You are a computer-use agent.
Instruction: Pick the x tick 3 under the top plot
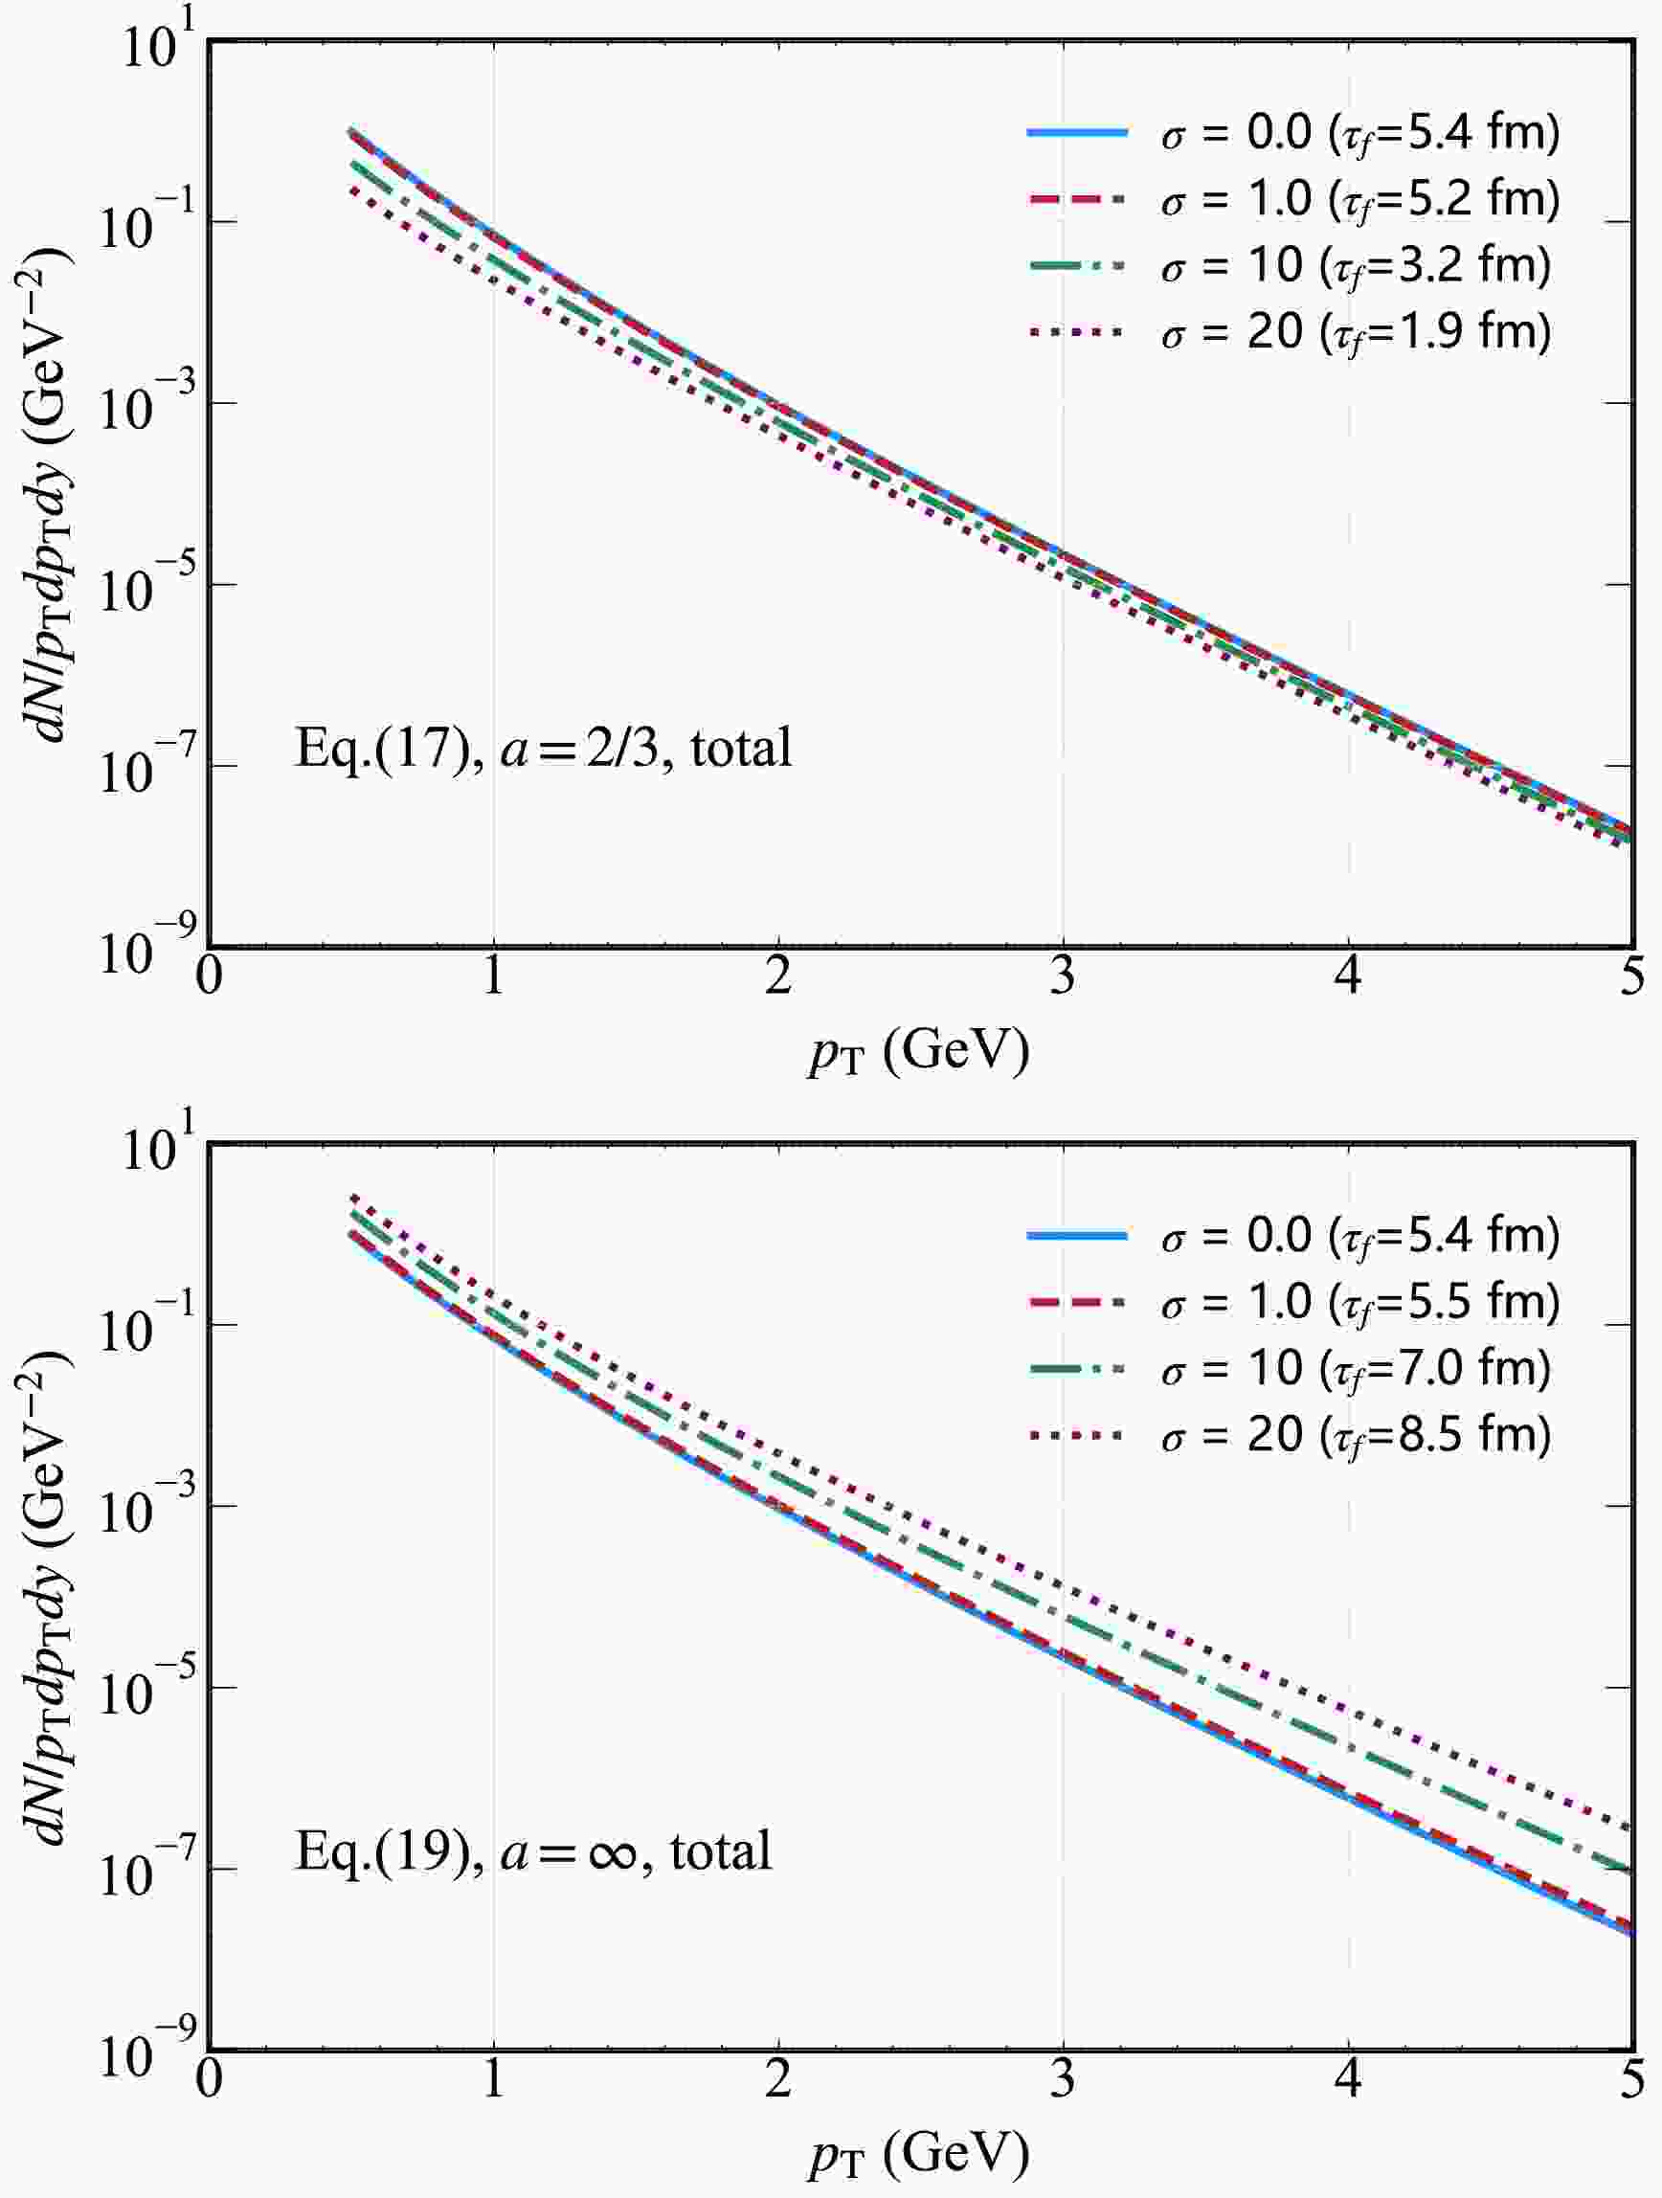click(x=1063, y=977)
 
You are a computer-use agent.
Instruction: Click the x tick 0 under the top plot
click(x=209, y=977)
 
